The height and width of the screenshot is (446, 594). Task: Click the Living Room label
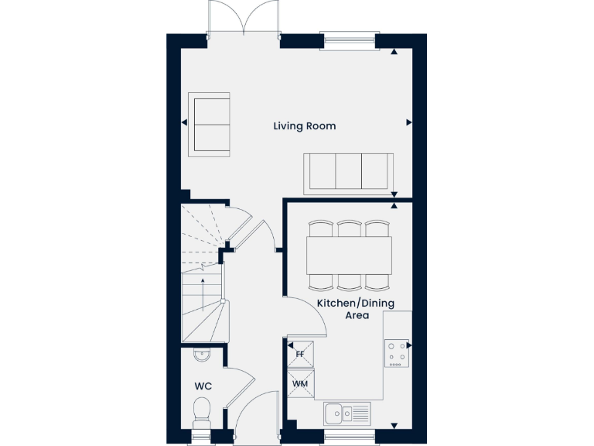coord(304,125)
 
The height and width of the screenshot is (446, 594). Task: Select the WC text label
coord(203,386)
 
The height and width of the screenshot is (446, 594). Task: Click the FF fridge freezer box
coord(300,355)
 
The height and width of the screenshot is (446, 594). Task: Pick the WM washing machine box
coord(300,383)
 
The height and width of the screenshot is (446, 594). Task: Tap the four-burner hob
coord(398,354)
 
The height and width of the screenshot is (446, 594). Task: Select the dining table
coord(349,255)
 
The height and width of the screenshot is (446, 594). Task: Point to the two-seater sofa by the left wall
coord(210,123)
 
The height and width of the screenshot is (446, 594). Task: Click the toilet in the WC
coord(202,410)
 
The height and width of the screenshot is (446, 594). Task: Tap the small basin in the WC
coord(201,355)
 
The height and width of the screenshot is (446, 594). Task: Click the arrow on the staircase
coord(203,293)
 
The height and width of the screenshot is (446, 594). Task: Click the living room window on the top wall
coord(347,41)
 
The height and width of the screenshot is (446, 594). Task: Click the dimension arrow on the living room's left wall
coord(184,122)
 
